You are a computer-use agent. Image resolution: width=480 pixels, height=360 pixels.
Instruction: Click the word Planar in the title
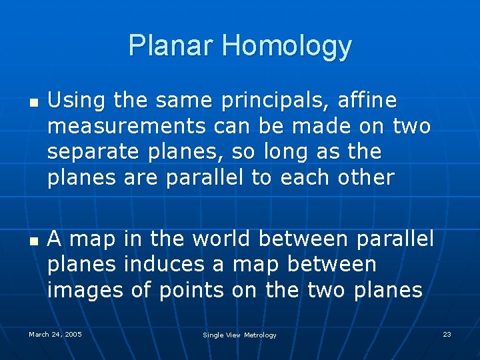(172, 46)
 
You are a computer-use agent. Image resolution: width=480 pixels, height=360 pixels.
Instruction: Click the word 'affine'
(367, 101)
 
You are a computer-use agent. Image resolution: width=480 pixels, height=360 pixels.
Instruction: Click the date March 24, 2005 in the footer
(55, 334)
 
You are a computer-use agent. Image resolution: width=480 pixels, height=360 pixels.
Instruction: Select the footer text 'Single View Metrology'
(239, 335)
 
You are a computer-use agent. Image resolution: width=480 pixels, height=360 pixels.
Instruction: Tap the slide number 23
(447, 334)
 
